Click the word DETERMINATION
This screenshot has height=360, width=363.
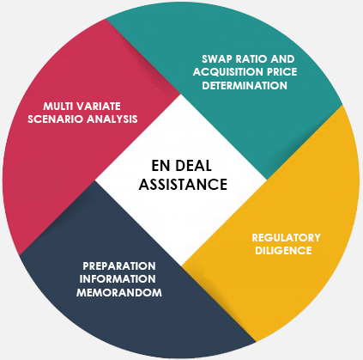pos(245,86)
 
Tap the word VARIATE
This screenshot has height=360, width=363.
pos(98,107)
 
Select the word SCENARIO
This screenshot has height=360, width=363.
pos(55,119)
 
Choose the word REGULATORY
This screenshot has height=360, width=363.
pos(286,238)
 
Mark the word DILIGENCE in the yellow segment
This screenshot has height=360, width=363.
pos(283,251)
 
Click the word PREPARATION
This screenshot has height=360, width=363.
pos(119,266)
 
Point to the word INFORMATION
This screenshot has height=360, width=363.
pos(118,279)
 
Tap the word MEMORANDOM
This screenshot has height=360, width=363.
pos(119,293)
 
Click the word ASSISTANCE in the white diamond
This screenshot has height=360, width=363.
pos(183,185)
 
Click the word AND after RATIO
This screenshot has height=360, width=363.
pos(282,59)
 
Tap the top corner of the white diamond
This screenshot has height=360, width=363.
pos(181,94)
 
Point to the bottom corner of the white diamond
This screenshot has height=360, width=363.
pos(181,265)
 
